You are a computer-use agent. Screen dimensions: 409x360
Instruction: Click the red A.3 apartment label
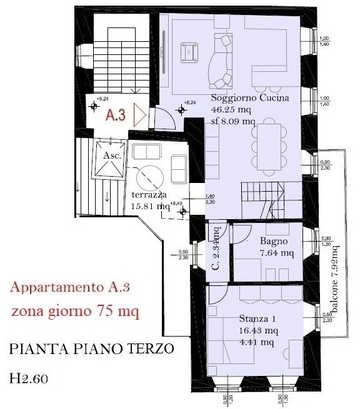pos(116,116)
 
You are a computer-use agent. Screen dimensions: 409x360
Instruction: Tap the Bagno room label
pos(274,241)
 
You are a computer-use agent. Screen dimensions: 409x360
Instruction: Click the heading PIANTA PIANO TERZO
pos(91,350)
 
